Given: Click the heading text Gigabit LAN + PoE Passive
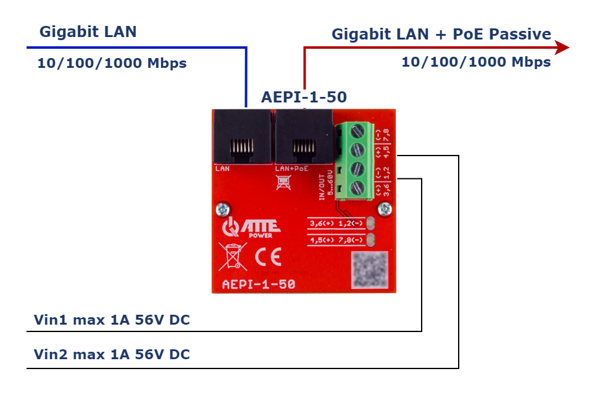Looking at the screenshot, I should tap(441, 34).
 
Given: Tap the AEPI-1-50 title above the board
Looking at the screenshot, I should tap(304, 97).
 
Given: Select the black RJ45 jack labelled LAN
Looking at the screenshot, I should tap(242, 138).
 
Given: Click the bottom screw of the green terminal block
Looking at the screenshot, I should tap(356, 188).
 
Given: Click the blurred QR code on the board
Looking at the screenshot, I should tap(369, 270).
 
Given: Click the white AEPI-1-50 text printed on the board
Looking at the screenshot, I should tap(258, 285).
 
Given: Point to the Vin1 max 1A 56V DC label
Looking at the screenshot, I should tap(112, 320).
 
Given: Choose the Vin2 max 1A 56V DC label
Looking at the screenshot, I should tap(112, 354).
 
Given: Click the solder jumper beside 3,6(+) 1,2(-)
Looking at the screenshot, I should tap(371, 223).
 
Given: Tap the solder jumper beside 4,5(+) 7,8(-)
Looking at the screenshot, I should tap(371, 239).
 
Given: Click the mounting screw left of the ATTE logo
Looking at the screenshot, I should tap(219, 210).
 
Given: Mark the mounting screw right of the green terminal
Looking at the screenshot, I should tap(386, 210).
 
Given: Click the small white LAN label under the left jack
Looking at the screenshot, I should tap(222, 168).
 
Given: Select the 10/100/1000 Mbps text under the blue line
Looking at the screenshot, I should tap(112, 63).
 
